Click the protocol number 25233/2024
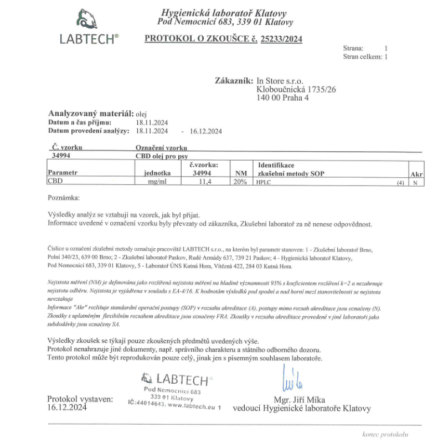(281, 39)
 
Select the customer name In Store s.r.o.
(280, 81)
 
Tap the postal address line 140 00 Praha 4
(282, 98)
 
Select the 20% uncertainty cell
(240, 182)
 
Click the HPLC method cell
(262, 182)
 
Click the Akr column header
(416, 174)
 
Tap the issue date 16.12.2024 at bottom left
(67, 408)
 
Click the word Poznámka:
(64, 197)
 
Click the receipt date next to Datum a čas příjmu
(152, 122)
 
